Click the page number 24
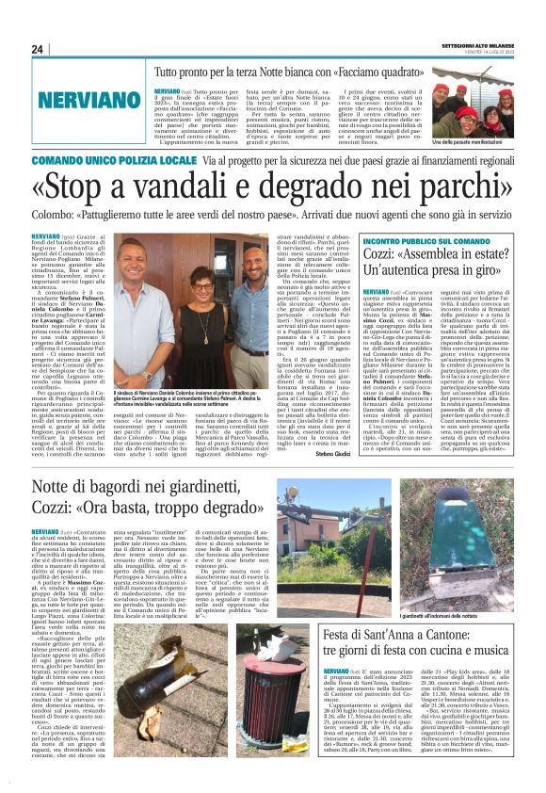tap(38, 49)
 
